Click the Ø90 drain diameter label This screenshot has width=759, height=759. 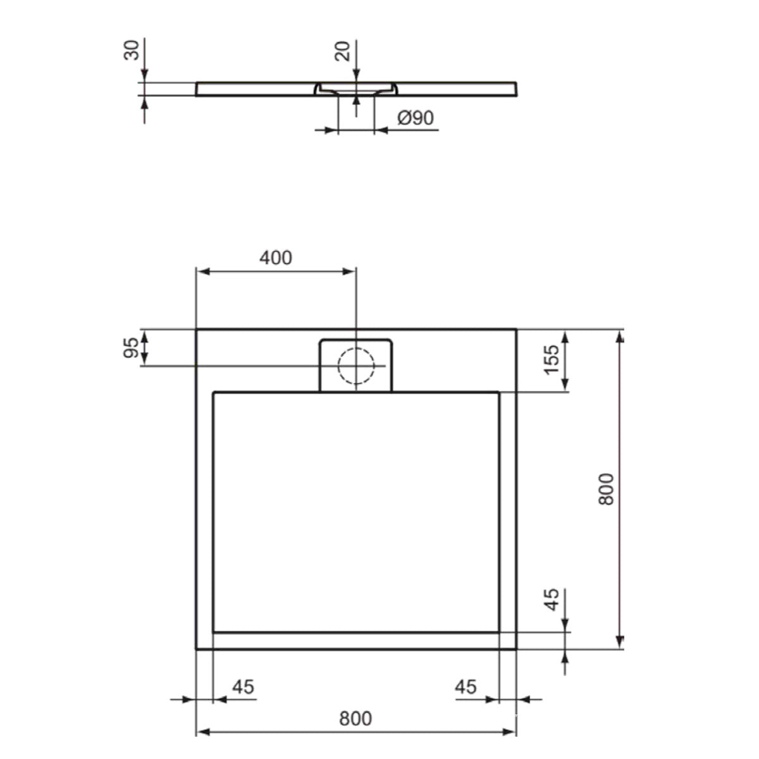pyautogui.click(x=416, y=118)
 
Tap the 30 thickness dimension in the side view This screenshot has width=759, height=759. pyautogui.click(x=132, y=50)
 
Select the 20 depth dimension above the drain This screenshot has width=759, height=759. pyautogui.click(x=342, y=51)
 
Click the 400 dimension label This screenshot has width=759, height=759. pyautogui.click(x=276, y=258)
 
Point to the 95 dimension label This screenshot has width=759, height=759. pyautogui.click(x=132, y=348)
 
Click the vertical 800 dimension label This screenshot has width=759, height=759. pyautogui.click(x=606, y=490)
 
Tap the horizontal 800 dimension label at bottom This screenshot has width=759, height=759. pyautogui.click(x=355, y=719)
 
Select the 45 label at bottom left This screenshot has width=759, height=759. pyautogui.click(x=243, y=688)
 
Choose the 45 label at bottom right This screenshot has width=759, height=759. pyautogui.click(x=466, y=688)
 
